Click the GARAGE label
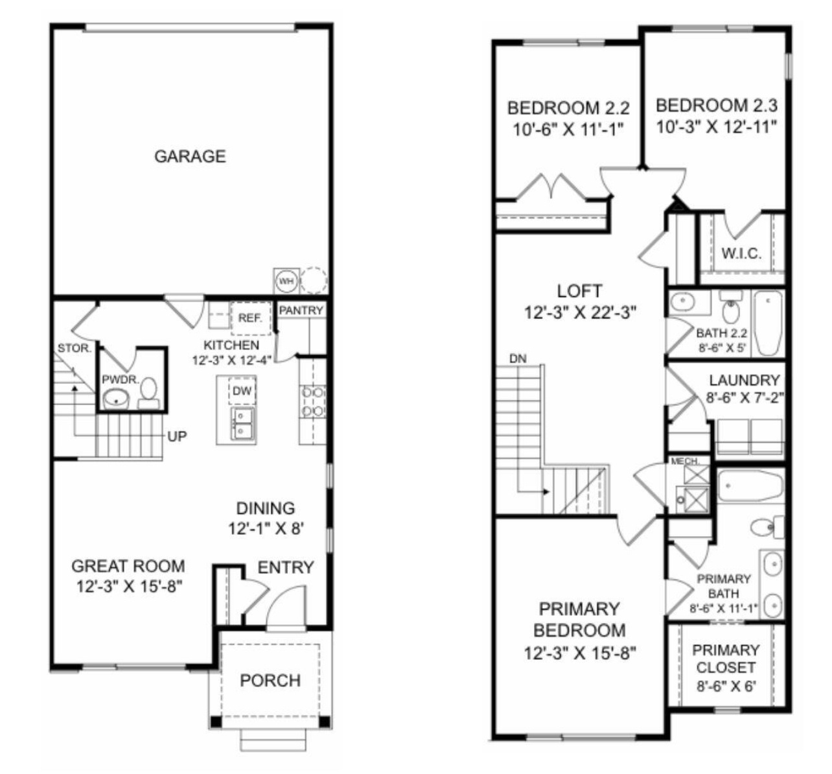(190, 156)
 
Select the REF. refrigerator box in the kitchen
(250, 318)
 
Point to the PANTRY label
(301, 311)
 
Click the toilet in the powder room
(150, 392)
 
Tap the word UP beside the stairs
(177, 436)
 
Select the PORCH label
(270, 681)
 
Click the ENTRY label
(286, 568)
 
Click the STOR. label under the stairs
(75, 349)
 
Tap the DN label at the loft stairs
(518, 358)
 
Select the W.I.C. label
(741, 253)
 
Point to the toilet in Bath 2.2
(731, 312)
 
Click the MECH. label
(684, 462)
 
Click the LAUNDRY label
(744, 381)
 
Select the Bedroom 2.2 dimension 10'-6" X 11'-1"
(568, 128)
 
